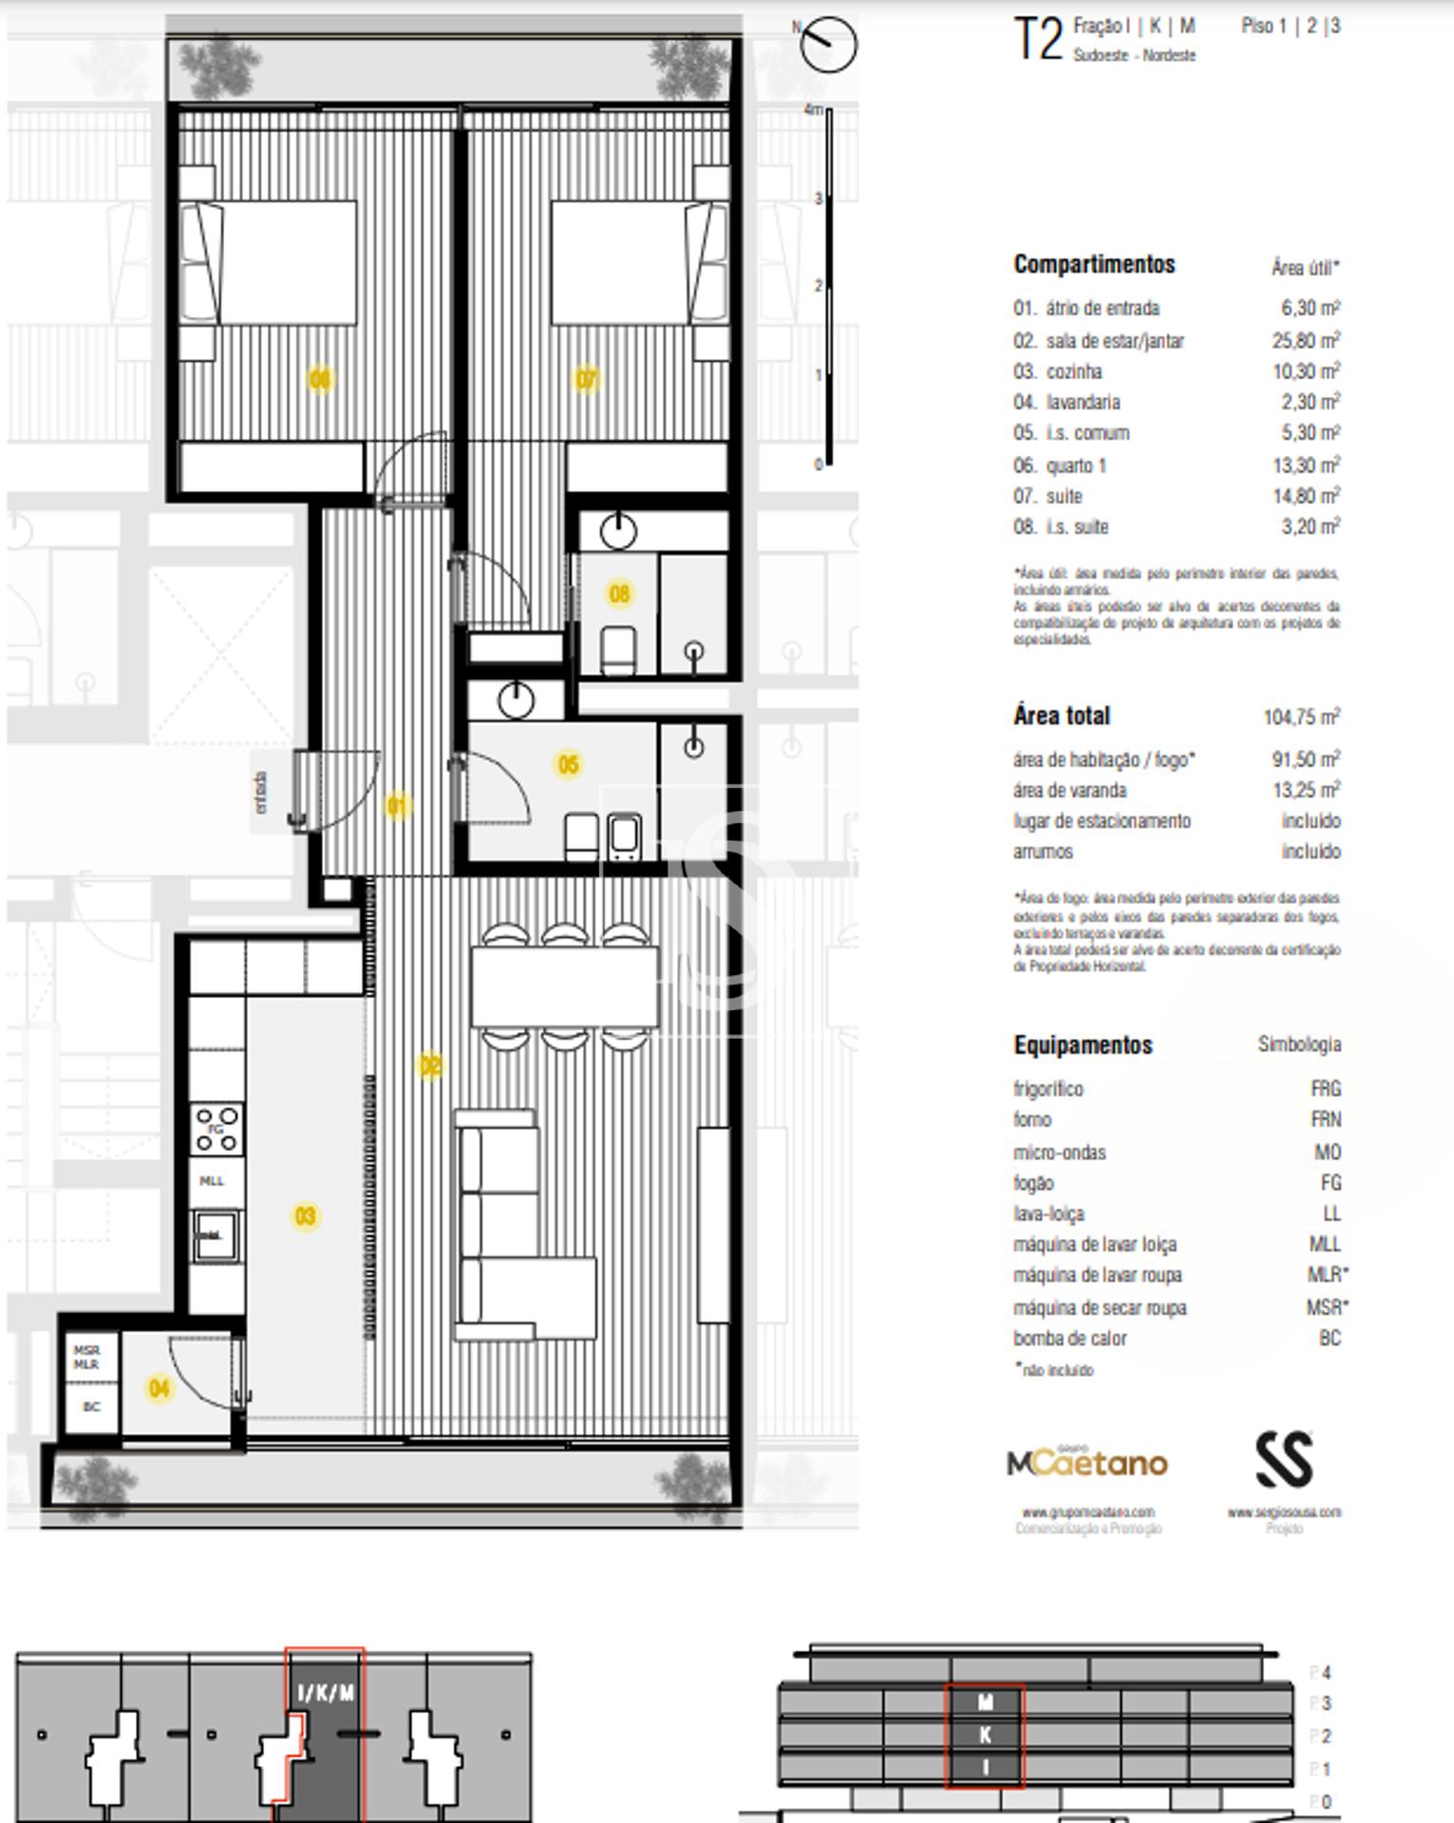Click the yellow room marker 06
pos(320,380)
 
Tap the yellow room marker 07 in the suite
pos(587,380)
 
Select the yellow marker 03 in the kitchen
pos(305,1216)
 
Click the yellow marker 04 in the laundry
pos(159,1389)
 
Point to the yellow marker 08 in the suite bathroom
pos(619,594)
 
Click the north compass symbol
pos(828,44)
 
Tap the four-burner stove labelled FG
pos(216,1129)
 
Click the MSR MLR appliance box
pos(86,1357)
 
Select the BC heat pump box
pos(91,1407)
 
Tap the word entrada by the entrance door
pos(260,792)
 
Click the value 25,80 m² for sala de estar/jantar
pos(1306,340)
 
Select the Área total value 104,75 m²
pos(1301,717)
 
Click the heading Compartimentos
pos(1094,265)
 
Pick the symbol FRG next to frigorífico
pos(1325,1089)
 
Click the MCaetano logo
pos(1087,1463)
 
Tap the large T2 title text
pos(1037,40)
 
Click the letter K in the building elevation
pos(985,1735)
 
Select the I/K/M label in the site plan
pos(326,1693)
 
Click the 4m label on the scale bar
pos(813,110)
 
